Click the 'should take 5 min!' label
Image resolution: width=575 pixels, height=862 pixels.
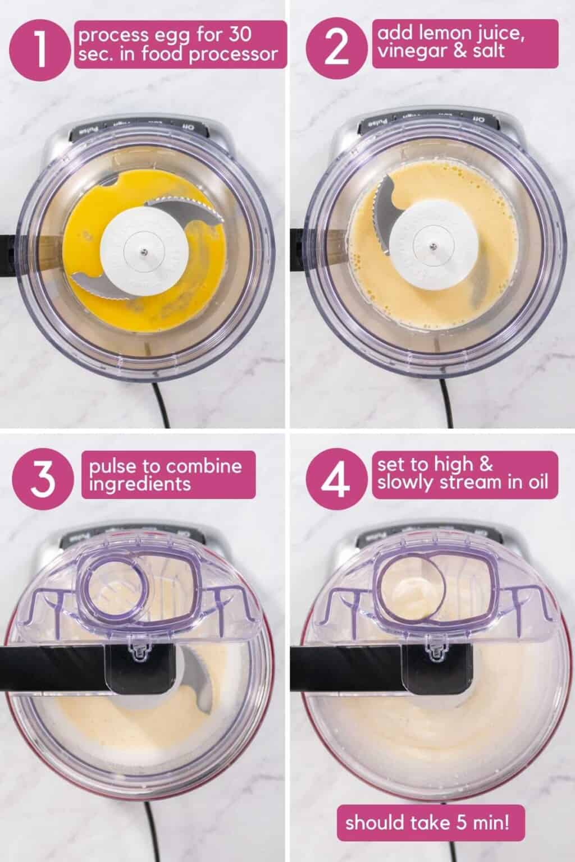pyautogui.click(x=428, y=823)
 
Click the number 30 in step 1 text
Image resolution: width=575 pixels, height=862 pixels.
pyautogui.click(x=238, y=36)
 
